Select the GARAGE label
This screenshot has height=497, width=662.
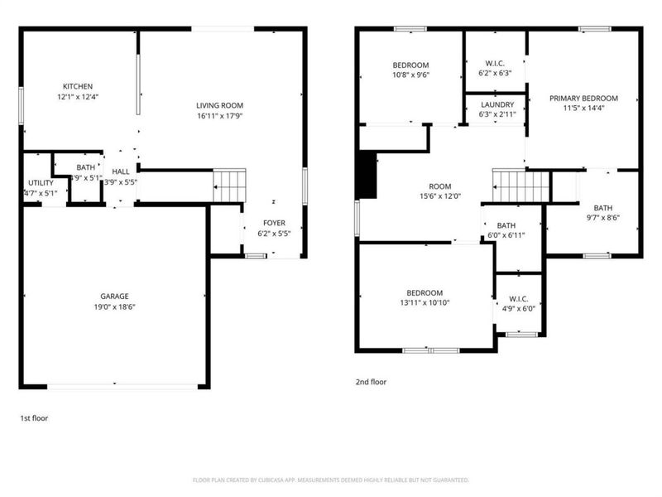pyautogui.click(x=114, y=296)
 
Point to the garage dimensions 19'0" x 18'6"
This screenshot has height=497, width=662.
pyautogui.click(x=114, y=306)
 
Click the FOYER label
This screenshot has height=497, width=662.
pyautogui.click(x=274, y=223)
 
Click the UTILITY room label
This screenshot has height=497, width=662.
pyautogui.click(x=41, y=182)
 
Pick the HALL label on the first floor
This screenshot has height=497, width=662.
pyautogui.click(x=121, y=171)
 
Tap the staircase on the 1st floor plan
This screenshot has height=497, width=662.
pyautogui.click(x=230, y=185)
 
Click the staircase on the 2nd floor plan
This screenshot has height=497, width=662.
pyautogui.click(x=521, y=186)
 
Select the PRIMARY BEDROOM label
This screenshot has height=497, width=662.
pyautogui.click(x=583, y=98)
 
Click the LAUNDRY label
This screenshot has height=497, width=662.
pyautogui.click(x=496, y=104)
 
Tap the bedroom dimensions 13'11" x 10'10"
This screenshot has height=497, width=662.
pyautogui.click(x=425, y=303)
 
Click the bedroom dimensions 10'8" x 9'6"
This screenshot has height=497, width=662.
pyautogui.click(x=410, y=75)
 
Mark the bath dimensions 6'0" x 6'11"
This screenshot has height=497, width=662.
pyautogui.click(x=506, y=236)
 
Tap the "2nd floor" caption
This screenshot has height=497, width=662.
pyautogui.click(x=371, y=382)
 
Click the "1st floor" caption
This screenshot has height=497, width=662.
pyautogui.click(x=34, y=418)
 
